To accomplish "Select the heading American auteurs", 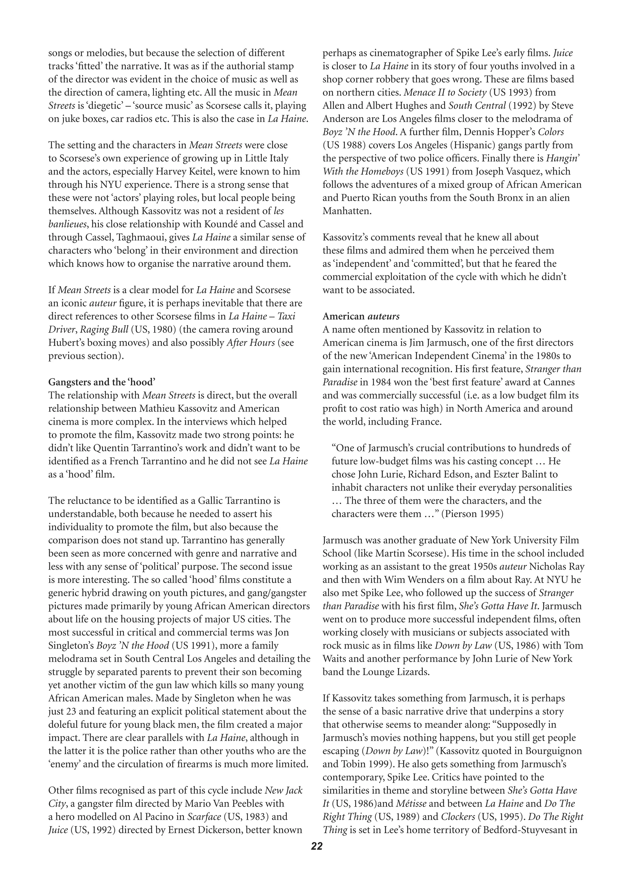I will [x=361, y=316].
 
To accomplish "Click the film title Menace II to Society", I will [x=445, y=92].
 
